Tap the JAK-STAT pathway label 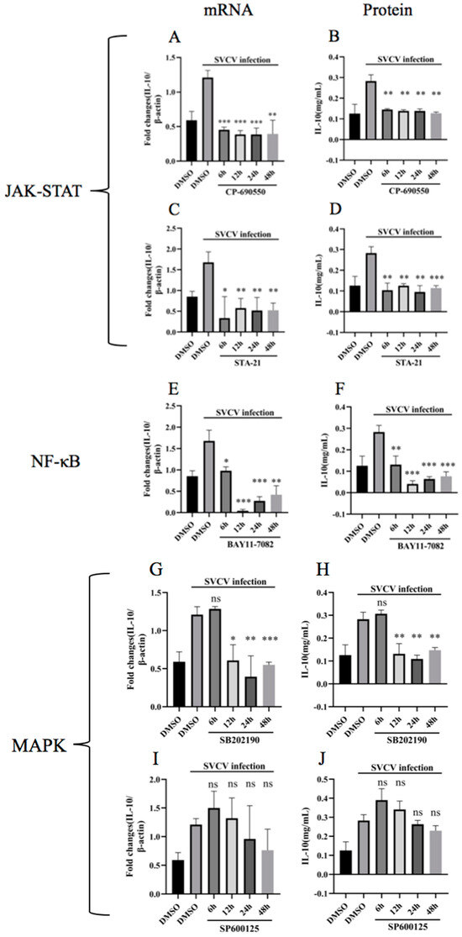(52, 192)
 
